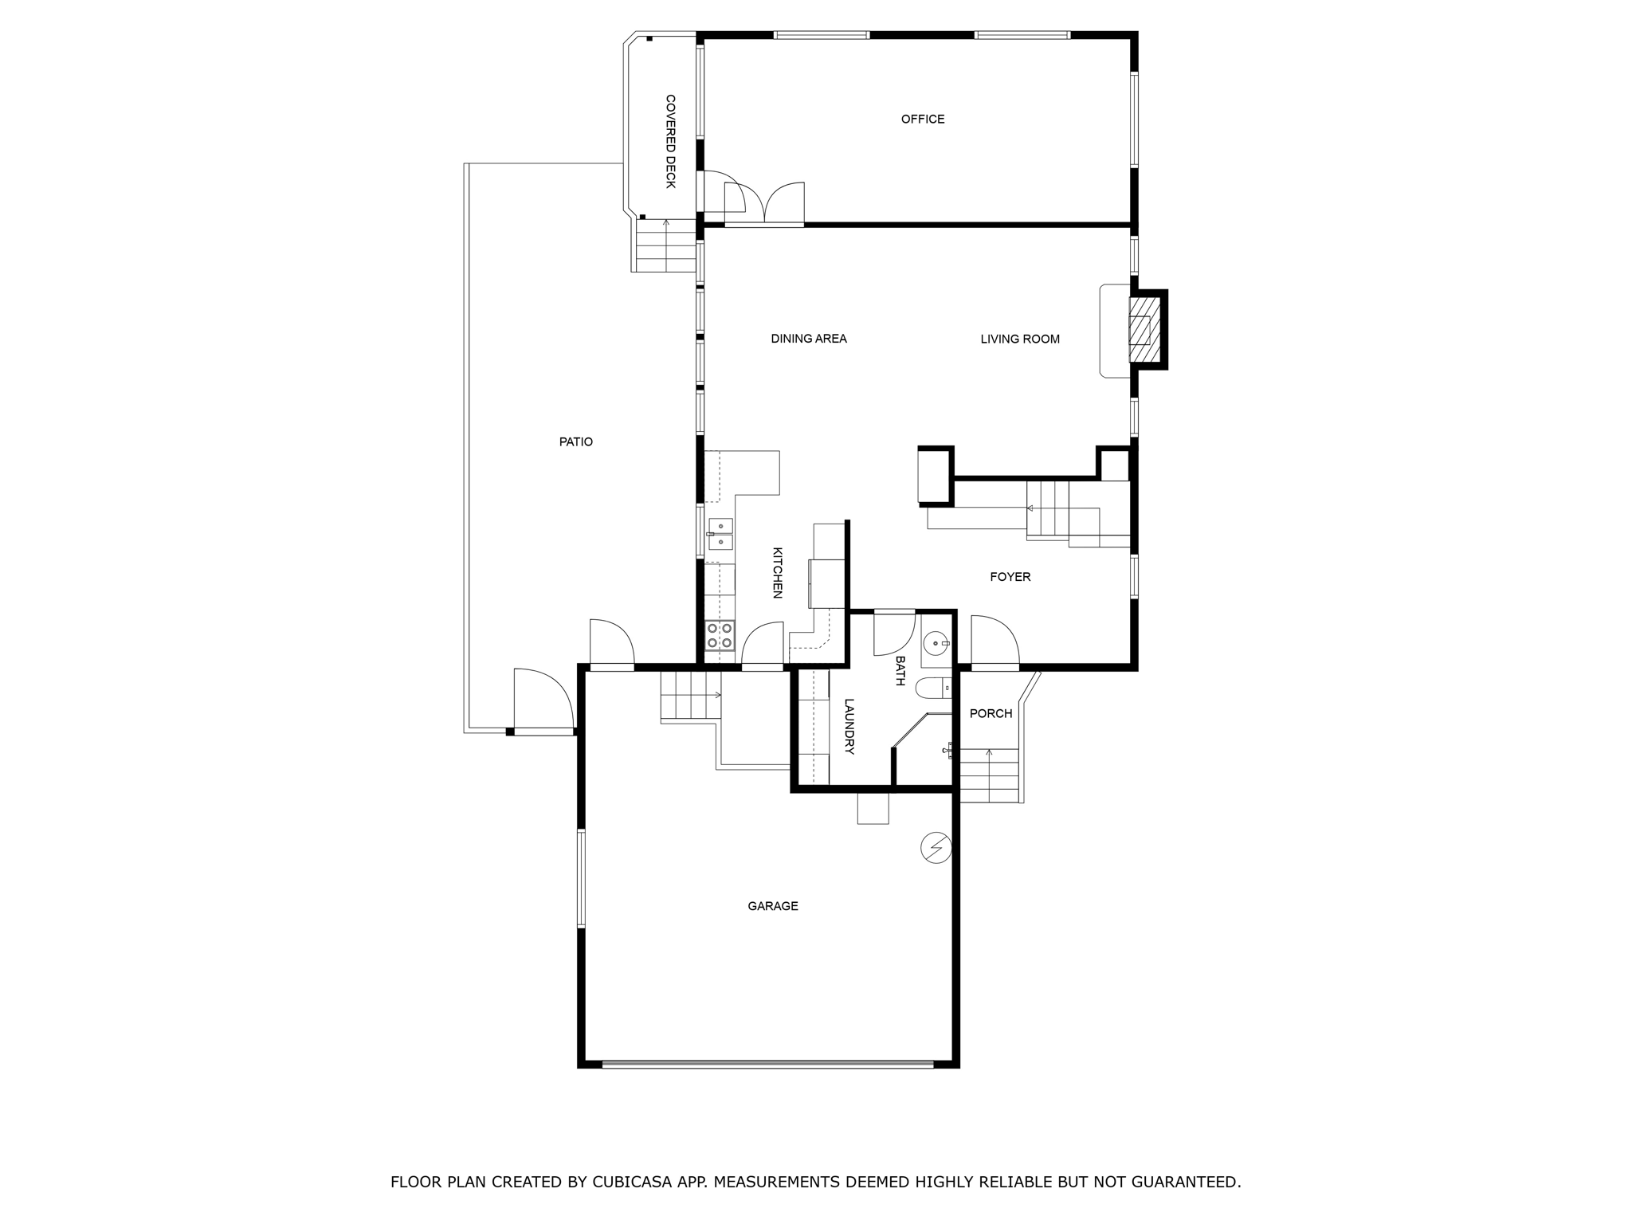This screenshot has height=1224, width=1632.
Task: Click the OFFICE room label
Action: pyautogui.click(x=922, y=120)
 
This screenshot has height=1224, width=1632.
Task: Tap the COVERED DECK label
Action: pyautogui.click(x=670, y=141)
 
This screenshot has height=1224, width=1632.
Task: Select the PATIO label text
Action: pyautogui.click(x=575, y=442)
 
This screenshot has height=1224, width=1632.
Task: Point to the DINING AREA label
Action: pyautogui.click(x=808, y=339)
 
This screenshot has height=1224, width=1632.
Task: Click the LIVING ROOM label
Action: pyautogui.click(x=1019, y=339)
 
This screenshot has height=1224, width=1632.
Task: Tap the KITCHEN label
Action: pyautogui.click(x=778, y=572)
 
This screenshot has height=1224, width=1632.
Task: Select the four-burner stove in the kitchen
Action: pyautogui.click(x=720, y=636)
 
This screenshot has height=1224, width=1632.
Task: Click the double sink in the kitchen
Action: pyautogui.click(x=720, y=534)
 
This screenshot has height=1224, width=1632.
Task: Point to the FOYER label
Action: pyautogui.click(x=1010, y=577)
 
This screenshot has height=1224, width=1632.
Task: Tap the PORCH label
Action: pyautogui.click(x=991, y=714)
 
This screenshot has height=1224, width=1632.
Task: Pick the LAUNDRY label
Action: pyautogui.click(x=849, y=726)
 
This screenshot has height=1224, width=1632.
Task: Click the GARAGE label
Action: pyautogui.click(x=772, y=906)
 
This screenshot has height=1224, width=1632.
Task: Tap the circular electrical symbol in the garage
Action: pyautogui.click(x=936, y=848)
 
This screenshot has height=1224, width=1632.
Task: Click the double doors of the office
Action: pyautogui.click(x=764, y=204)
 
